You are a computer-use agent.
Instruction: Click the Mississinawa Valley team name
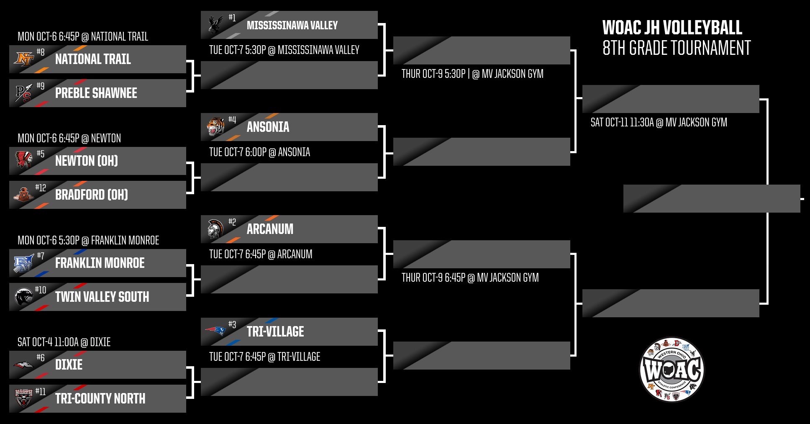292,26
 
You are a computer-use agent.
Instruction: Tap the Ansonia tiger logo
215,126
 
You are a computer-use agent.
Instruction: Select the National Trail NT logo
23,59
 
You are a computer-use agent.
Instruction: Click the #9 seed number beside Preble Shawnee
40,86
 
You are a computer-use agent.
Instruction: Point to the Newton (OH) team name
87,161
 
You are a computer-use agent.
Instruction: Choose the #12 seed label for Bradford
41,188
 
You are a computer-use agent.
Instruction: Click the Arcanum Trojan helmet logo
215,229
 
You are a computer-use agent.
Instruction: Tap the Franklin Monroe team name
100,263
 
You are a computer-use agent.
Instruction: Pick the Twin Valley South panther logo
23,296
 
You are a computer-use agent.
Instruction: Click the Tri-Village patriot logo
215,331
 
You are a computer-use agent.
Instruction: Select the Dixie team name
69,365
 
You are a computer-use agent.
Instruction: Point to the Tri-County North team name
100,398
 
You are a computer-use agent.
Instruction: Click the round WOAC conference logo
672,370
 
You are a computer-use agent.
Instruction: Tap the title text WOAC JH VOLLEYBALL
672,28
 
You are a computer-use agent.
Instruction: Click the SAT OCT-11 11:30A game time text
659,122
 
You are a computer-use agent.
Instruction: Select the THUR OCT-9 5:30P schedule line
472,74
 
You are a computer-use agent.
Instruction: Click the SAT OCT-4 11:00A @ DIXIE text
64,342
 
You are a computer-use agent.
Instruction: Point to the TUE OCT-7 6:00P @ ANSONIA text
259,152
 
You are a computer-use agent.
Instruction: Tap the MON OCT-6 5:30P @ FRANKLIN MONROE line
88,240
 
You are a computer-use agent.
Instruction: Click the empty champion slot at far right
711,198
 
